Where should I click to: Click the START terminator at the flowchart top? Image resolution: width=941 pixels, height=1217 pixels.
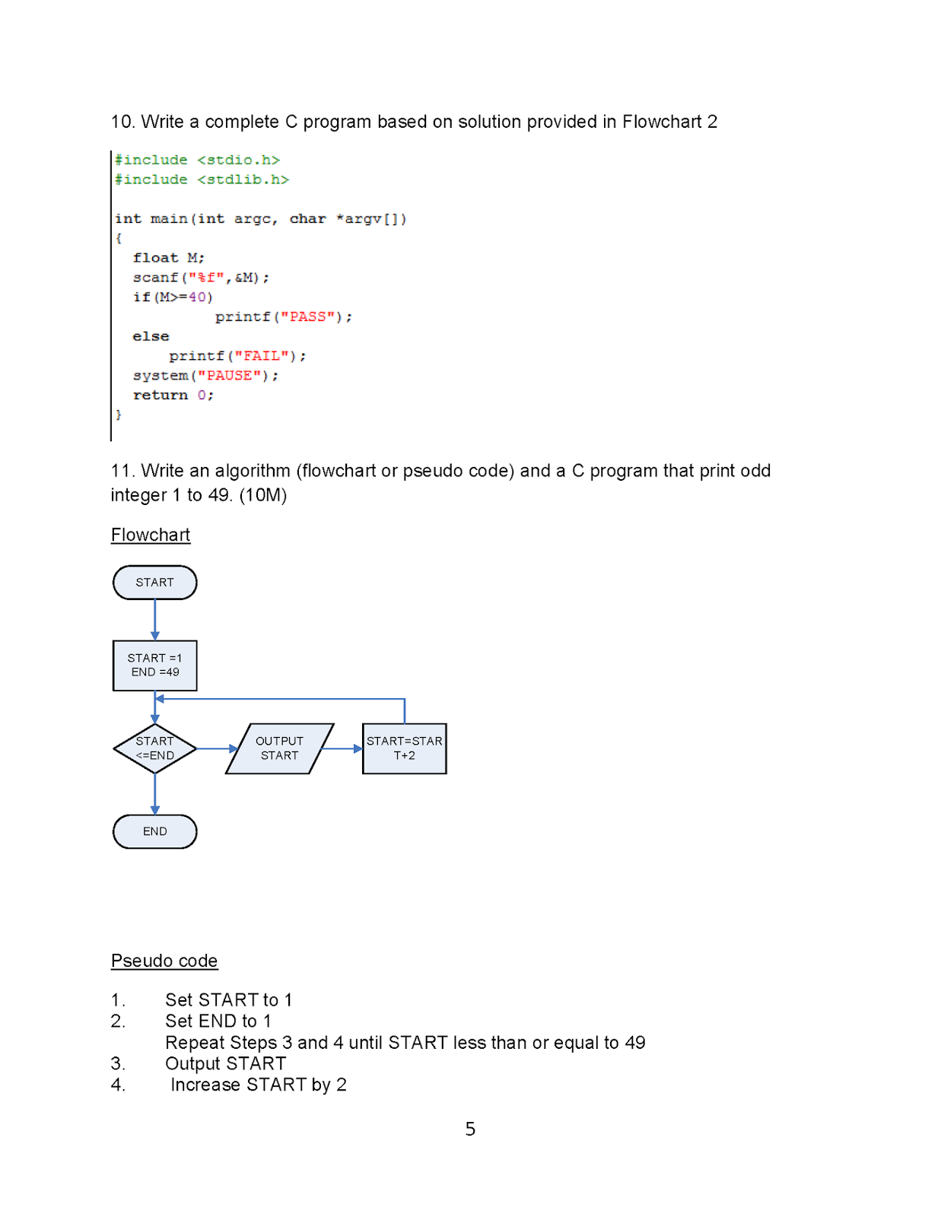click(154, 583)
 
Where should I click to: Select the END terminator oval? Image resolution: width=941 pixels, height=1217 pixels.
click(154, 831)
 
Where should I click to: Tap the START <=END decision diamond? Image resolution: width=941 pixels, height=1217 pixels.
click(154, 748)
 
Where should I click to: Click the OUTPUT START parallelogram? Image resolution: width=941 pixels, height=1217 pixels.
click(279, 748)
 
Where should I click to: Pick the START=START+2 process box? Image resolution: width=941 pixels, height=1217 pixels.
click(404, 748)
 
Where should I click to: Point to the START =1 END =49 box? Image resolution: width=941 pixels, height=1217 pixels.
click(154, 666)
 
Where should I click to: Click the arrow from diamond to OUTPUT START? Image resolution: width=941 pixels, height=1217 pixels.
click(218, 748)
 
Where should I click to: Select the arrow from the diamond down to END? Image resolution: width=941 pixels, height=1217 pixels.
click(154, 794)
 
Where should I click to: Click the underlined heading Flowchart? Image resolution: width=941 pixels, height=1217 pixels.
click(151, 535)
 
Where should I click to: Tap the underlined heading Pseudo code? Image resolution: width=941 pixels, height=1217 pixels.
click(164, 961)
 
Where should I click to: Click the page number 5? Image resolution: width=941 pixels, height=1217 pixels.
click(470, 1129)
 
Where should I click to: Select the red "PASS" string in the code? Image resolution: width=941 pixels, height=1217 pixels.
click(307, 316)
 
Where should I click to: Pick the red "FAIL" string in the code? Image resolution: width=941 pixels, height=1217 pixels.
click(262, 356)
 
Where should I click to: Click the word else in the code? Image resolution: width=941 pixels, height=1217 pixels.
click(151, 336)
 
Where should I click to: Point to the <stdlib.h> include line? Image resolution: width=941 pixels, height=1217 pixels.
click(202, 180)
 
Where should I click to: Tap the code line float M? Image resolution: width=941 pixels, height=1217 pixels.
click(168, 258)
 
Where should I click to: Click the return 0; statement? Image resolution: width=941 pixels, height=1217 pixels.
click(173, 395)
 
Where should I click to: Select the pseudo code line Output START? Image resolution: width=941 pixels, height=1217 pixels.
click(225, 1063)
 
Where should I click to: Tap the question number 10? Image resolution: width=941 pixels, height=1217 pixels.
click(122, 122)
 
